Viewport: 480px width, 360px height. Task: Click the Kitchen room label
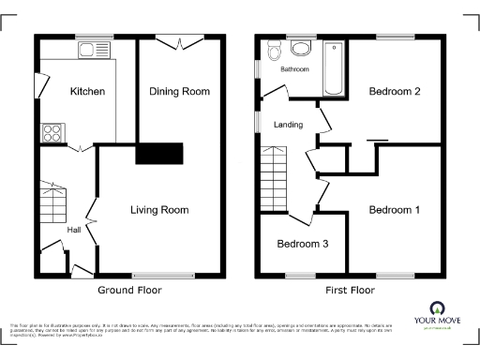(86, 92)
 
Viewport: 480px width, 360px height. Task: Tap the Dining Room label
(179, 92)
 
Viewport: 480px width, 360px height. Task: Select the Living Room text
(159, 210)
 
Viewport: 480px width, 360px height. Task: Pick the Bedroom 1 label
(393, 210)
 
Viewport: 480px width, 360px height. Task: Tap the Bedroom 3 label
(301, 244)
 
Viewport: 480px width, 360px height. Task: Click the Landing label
(288, 125)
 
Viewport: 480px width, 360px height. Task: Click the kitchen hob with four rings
(52, 133)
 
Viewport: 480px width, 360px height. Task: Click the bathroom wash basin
(302, 48)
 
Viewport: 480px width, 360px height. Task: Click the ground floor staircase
(53, 202)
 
